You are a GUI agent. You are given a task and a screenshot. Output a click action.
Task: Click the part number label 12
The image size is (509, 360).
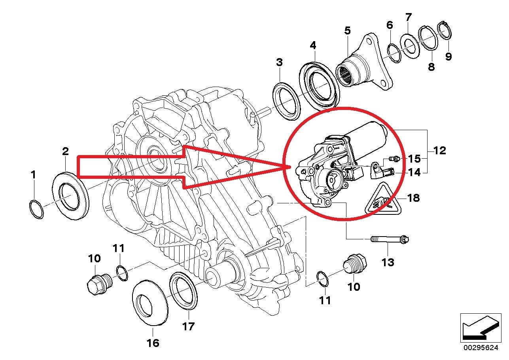pos(439,151)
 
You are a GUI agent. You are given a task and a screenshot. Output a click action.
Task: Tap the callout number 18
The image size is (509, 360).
pos(413,197)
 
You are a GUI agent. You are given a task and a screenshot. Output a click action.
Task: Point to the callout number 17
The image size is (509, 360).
pos(188,326)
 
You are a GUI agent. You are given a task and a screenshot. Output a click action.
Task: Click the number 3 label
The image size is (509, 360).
pos(279,62)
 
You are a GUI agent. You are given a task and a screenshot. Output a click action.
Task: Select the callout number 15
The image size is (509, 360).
pos(414,159)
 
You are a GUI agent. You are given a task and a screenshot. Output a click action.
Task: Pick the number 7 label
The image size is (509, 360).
pos(408,17)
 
